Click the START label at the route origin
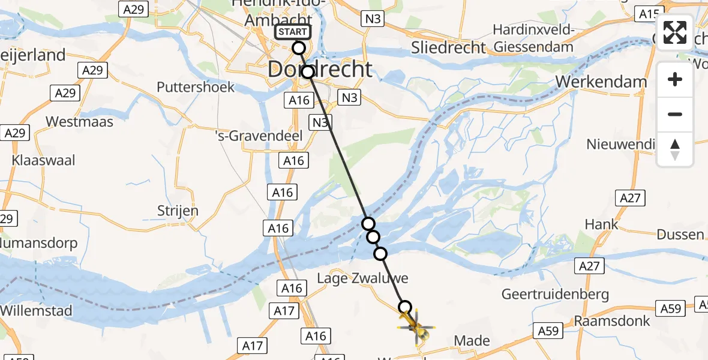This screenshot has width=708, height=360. (x=293, y=32)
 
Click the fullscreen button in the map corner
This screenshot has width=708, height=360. (x=675, y=33)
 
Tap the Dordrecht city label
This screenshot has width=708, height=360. (x=320, y=70)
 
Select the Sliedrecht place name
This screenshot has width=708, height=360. (x=448, y=47)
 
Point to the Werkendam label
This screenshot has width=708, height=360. (x=602, y=82)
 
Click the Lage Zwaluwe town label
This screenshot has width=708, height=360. (x=363, y=278)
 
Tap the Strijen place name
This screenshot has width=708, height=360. (x=178, y=211)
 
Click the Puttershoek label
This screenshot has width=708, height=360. (x=196, y=87)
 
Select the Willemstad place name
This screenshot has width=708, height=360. (x=37, y=311)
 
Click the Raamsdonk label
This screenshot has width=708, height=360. (x=612, y=320)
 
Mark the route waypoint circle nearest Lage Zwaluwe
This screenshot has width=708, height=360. (x=380, y=254)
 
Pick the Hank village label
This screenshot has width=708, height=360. (x=601, y=224)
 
